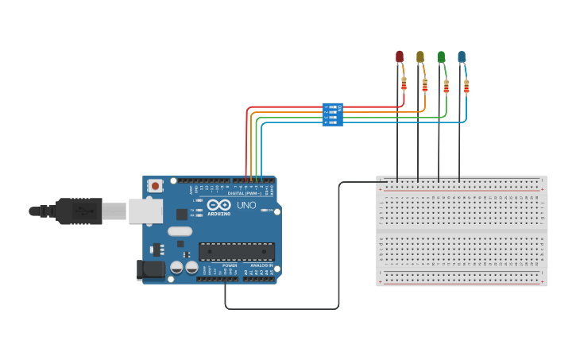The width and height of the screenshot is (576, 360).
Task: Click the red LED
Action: point(400,56)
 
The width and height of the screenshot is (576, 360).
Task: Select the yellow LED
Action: point(420,56)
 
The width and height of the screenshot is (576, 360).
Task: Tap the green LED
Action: point(441,56)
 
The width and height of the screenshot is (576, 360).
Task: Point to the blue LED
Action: point(462,56)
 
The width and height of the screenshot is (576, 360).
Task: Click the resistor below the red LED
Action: point(404,84)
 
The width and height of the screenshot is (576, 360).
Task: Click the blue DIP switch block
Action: point(332,114)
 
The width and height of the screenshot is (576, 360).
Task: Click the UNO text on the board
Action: point(246,206)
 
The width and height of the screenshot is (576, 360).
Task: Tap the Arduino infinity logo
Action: point(218,205)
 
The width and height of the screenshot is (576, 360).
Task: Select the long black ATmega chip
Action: point(237,252)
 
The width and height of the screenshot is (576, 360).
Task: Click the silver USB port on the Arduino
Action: point(146,211)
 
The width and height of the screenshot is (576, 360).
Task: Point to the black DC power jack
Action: point(149,269)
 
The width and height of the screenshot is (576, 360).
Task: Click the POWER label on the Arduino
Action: point(230,265)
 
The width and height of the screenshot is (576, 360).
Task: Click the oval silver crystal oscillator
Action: point(180,232)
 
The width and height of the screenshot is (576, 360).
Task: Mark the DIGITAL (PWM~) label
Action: point(244,193)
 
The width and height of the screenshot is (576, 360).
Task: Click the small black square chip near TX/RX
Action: point(182,214)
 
